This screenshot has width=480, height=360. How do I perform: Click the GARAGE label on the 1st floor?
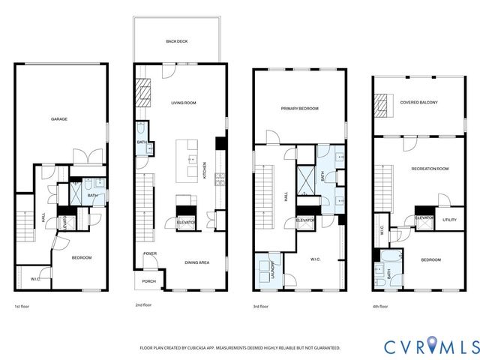[59, 118]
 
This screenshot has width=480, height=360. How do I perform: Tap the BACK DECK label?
[176, 41]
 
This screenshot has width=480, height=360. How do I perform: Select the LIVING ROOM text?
[183, 103]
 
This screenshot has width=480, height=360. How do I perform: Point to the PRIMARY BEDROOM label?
[299, 109]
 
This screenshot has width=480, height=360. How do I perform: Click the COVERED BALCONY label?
[418, 102]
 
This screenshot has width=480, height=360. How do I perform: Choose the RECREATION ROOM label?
[430, 169]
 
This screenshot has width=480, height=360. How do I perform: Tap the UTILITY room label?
[449, 220]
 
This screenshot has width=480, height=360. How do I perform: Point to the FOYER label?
[150, 254]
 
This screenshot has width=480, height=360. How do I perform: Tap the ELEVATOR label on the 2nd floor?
[186, 222]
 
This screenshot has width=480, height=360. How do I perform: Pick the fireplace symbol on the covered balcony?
[385, 106]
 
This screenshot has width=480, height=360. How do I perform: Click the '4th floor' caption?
[381, 307]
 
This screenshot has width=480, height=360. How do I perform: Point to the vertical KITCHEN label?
[205, 172]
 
